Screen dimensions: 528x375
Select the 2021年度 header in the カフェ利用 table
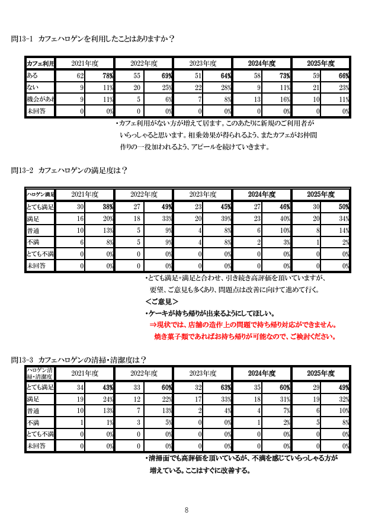point(84,63)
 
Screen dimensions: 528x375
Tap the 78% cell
point(107,76)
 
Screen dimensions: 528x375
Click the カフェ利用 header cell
point(40,63)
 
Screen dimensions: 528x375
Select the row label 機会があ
point(40,99)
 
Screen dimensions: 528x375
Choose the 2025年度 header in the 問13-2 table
point(320,194)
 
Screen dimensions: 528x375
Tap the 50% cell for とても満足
point(343,207)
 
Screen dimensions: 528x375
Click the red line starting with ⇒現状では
point(243,325)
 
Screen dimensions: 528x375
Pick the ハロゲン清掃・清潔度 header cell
point(40,373)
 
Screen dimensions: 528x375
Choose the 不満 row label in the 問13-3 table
point(33,423)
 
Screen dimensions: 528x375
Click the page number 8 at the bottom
point(187,510)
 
